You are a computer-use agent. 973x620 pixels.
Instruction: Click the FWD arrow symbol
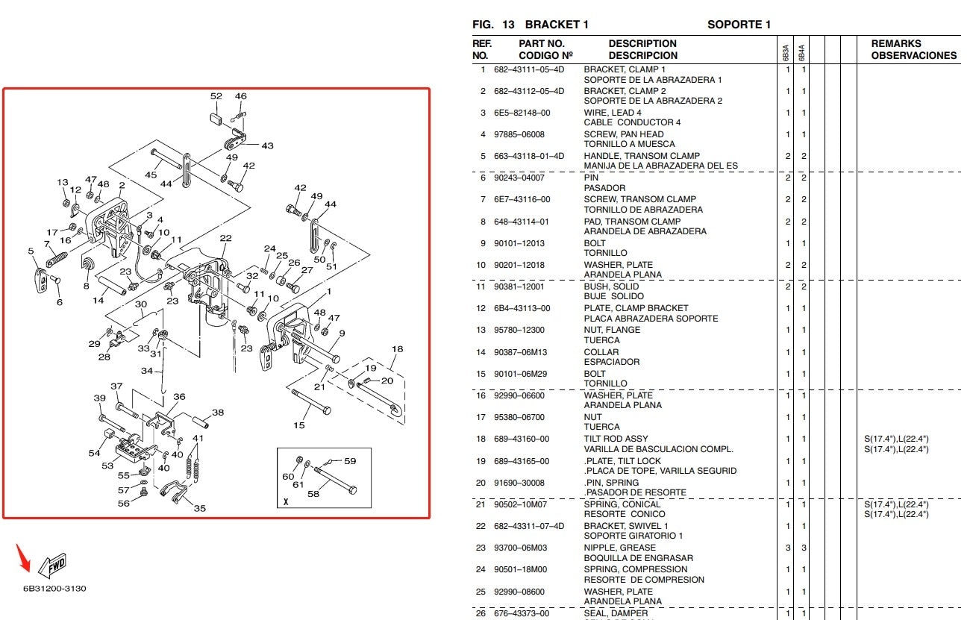point(51,565)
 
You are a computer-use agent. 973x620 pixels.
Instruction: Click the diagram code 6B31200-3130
point(54,589)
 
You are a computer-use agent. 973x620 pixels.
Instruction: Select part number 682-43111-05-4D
point(529,69)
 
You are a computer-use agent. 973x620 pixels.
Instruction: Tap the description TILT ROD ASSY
point(616,439)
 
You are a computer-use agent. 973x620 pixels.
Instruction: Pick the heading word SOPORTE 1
point(739,25)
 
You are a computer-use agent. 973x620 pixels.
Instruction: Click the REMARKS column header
point(896,43)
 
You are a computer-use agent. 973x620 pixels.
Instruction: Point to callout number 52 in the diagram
point(216,96)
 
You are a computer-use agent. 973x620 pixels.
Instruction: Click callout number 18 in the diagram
point(397,349)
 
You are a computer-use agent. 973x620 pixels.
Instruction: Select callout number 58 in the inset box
point(313,493)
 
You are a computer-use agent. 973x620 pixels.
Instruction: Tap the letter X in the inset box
point(285,501)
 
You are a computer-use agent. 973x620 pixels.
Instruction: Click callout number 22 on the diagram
point(225,239)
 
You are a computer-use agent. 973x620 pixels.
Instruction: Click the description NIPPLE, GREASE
point(619,548)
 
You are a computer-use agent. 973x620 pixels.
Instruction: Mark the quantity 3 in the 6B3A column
point(787,548)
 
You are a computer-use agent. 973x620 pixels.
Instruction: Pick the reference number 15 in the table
point(482,374)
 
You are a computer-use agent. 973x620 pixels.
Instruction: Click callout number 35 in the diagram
point(200,508)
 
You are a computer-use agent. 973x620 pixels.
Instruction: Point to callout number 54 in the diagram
point(94,453)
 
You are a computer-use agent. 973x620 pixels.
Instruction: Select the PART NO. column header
point(541,43)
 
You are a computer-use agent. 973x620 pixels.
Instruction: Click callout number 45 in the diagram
point(151,175)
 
